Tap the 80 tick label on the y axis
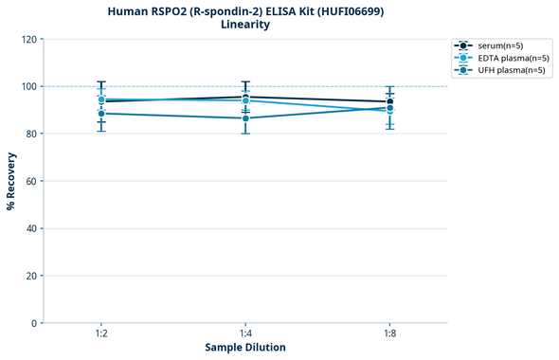click(30, 134)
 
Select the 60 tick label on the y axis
click(30, 181)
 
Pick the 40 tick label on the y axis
click(30, 228)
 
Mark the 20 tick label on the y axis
click(30, 276)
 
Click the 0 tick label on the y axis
click(33, 323)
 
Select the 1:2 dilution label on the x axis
click(101, 334)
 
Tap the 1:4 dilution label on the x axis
click(245, 334)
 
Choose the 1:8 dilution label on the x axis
click(389, 334)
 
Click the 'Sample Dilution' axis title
click(245, 348)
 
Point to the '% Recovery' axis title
click(11, 181)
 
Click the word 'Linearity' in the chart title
click(245, 25)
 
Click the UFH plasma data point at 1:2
click(101, 114)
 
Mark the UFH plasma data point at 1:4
click(245, 118)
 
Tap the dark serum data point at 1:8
click(389, 101)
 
